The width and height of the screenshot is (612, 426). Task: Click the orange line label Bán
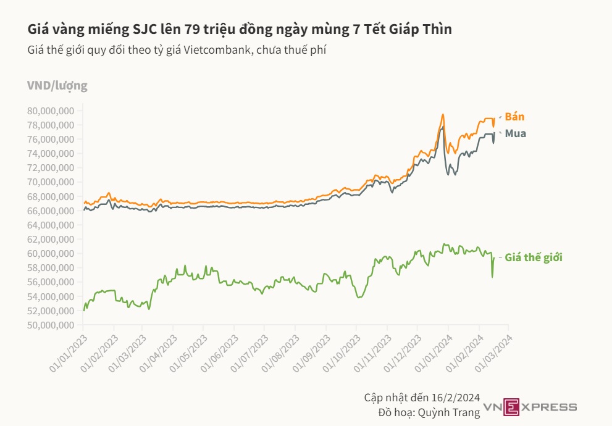514,117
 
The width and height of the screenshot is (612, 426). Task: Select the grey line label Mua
516,133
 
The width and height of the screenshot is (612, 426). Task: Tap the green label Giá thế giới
534,257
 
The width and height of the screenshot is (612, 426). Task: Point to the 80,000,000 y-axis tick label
51,111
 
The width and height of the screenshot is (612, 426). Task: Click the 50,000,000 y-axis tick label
51,325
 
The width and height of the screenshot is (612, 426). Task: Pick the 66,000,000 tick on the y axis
51,211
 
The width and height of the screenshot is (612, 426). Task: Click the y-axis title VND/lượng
57,86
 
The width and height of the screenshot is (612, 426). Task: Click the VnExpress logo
530,406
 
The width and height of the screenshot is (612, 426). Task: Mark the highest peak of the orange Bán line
443,114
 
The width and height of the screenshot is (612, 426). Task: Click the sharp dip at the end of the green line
492,277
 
